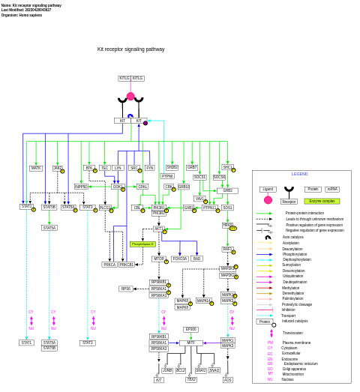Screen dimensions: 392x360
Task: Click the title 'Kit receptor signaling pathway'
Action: coord(130,49)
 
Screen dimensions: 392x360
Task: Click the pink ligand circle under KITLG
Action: coord(130,96)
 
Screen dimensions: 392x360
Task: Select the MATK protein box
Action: coord(36,168)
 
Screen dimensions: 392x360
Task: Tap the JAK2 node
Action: coord(57,168)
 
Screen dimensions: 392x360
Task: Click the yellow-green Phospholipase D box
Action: coord(142,244)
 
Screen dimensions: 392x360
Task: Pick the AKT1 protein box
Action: coord(159,229)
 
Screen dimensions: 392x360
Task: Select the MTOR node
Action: coord(158,259)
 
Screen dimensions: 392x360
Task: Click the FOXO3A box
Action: coord(180,259)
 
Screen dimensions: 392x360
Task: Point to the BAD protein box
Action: coord(196,259)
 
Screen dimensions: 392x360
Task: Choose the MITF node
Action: coord(191,343)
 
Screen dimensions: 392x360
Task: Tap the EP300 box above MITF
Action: coord(191,329)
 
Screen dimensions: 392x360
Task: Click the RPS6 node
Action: coord(126,289)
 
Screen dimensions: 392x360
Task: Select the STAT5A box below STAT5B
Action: coord(49,227)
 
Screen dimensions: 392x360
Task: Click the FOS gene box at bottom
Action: coord(228,380)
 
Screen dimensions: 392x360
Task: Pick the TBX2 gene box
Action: coord(191,379)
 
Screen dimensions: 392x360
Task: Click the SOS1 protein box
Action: coord(227,208)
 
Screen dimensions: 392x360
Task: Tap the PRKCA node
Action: coord(110,265)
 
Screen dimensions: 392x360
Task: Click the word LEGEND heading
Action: coord(299,174)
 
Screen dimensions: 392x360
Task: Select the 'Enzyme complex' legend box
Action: coord(322,201)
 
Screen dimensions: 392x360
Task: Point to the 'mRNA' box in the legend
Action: coord(332,190)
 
